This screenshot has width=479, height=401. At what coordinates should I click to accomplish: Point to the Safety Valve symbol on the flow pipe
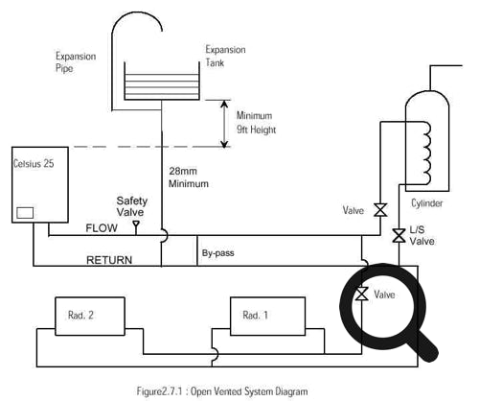coord(135,226)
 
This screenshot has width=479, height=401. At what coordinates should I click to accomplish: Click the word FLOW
coord(102,229)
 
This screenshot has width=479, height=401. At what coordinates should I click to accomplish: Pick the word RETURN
coord(109,259)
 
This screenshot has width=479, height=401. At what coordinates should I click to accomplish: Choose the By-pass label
coord(219,254)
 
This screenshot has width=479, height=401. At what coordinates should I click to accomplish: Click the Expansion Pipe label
coord(75,63)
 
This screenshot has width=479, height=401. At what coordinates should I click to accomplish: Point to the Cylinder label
coord(427,204)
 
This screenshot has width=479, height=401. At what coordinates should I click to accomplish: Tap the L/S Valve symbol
coord(398,235)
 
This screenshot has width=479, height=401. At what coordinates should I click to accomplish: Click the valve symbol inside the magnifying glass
coord(362,294)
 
